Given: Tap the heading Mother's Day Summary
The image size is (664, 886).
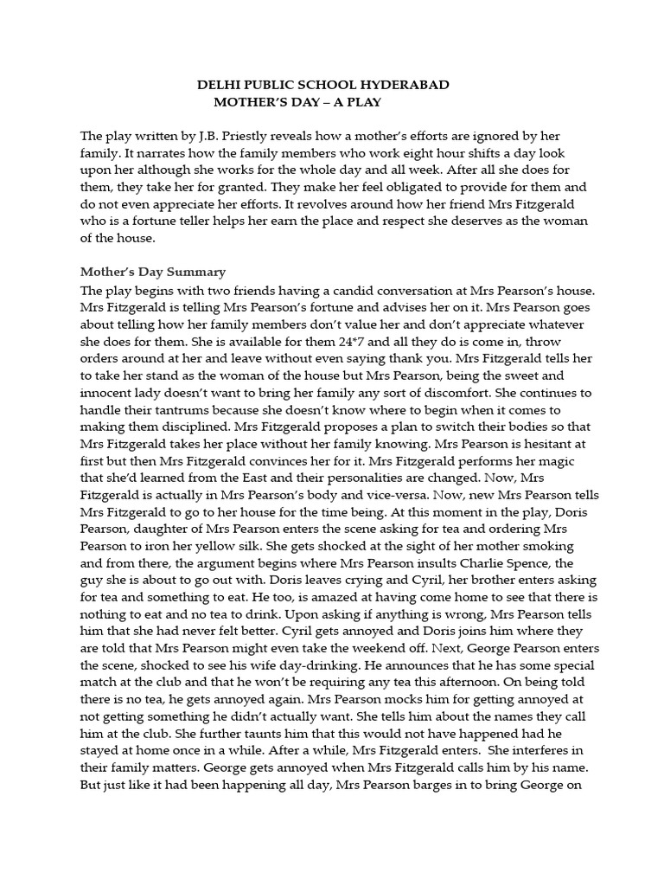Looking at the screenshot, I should coord(153,272).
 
